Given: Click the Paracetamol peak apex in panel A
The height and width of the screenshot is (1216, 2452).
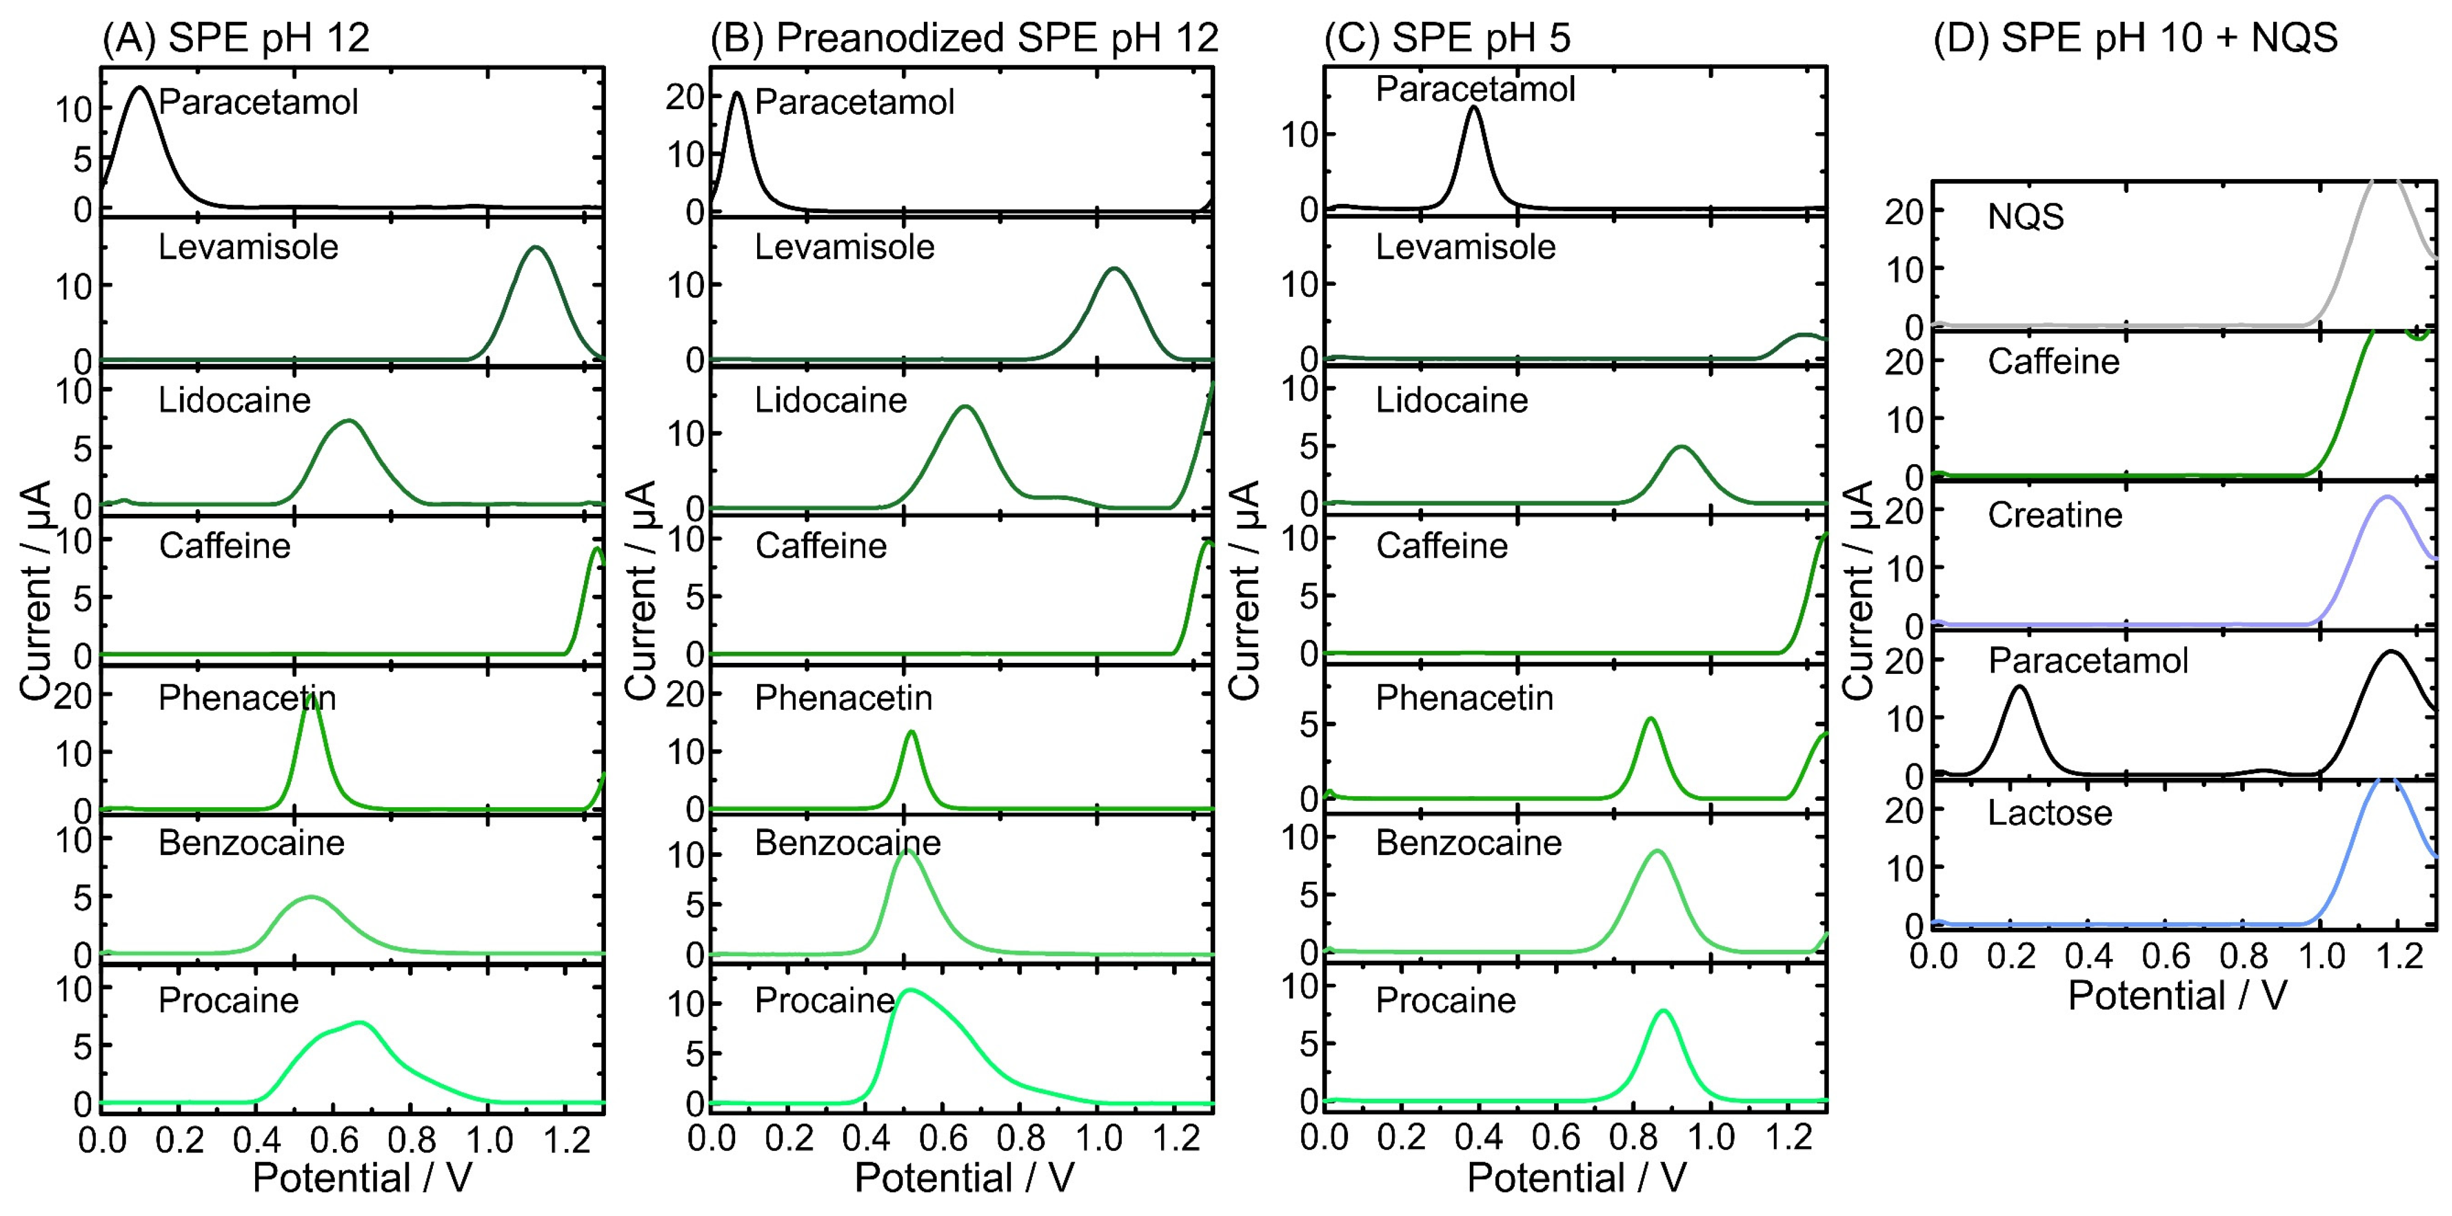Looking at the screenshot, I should (141, 88).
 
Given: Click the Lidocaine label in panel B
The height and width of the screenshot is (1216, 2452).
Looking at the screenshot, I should (830, 400).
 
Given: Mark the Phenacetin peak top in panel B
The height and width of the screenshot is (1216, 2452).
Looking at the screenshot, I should (912, 732).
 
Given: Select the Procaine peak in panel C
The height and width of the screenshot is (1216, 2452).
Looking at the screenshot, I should (1663, 1010).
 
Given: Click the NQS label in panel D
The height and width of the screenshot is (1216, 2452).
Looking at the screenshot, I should (2026, 217).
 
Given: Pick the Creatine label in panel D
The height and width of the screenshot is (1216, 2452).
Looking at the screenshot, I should (2055, 515).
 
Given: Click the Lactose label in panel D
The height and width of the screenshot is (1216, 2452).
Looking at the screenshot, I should (2049, 813).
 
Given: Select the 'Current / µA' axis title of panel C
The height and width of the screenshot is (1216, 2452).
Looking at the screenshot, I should (1244, 590).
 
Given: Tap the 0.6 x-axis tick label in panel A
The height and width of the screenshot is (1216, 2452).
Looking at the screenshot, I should (332, 1139).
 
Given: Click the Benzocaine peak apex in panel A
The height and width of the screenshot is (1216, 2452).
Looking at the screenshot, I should (310, 897).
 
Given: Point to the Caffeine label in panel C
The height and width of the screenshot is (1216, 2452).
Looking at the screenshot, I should (1441, 546).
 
